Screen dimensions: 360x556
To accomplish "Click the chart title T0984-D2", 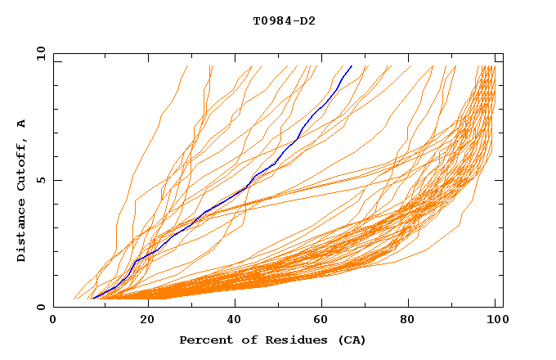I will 284,20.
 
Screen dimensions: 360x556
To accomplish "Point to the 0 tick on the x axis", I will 54,320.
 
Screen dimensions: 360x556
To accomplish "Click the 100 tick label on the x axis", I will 495,320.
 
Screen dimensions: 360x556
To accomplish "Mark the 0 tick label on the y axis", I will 41,308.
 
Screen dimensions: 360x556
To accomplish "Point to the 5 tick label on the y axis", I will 41,180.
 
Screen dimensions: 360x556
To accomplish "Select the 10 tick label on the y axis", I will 39,53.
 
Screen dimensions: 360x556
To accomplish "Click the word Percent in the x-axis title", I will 204,340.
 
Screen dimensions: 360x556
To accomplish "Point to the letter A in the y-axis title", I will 22,124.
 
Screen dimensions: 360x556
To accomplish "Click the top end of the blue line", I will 352,65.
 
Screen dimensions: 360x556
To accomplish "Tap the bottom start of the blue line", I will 93,299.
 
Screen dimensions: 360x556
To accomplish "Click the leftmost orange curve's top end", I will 188,65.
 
